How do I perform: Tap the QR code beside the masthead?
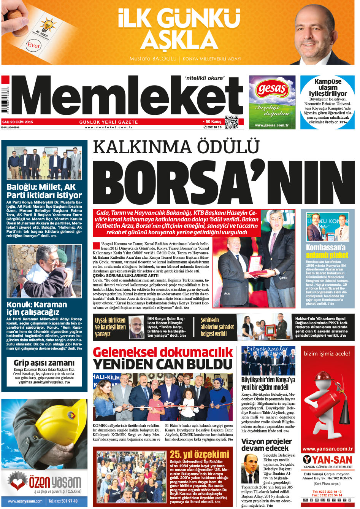click(232, 122)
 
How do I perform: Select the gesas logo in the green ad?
click(272, 89)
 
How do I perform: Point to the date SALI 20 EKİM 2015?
click(18, 122)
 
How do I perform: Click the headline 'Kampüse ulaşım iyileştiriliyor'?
click(328, 87)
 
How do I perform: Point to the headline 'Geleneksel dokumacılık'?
click(163, 352)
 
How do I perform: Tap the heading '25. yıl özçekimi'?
click(199, 454)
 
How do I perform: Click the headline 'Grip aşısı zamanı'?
click(44, 363)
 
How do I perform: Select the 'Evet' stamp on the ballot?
click(33, 45)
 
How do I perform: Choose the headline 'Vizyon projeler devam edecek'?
click(266, 444)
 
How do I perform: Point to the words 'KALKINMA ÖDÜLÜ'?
click(176, 147)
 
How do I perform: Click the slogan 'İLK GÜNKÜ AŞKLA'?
click(179, 29)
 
